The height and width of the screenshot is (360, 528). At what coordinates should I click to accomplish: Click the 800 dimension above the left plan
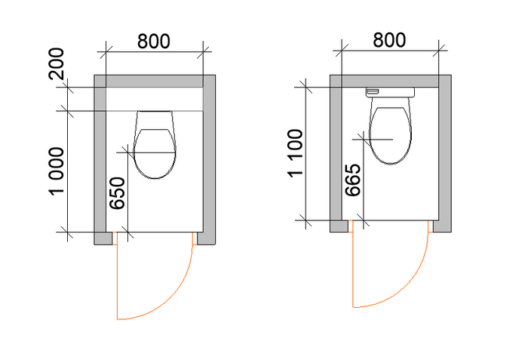(154, 42)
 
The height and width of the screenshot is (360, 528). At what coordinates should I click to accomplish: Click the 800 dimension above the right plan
(389, 40)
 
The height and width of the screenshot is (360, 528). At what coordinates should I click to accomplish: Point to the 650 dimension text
(118, 193)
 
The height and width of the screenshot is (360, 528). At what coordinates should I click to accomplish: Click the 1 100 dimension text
(296, 152)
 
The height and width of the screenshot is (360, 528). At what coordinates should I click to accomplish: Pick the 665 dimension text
(353, 180)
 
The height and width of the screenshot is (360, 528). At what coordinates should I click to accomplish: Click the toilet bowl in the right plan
(390, 131)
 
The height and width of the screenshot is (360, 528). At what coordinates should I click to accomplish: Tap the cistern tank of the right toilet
(390, 92)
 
